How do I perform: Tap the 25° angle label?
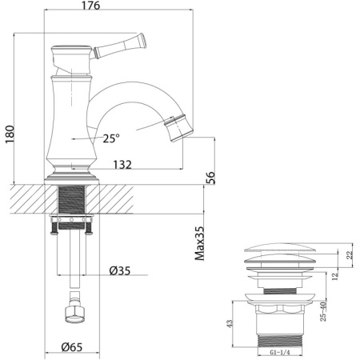pyautogui.click(x=110, y=138)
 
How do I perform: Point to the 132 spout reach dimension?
pyautogui.click(x=122, y=165)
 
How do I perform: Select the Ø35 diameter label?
pyautogui.click(x=120, y=270)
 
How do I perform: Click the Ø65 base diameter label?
pyautogui.click(x=74, y=346)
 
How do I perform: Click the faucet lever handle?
pyautogui.click(x=120, y=44)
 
